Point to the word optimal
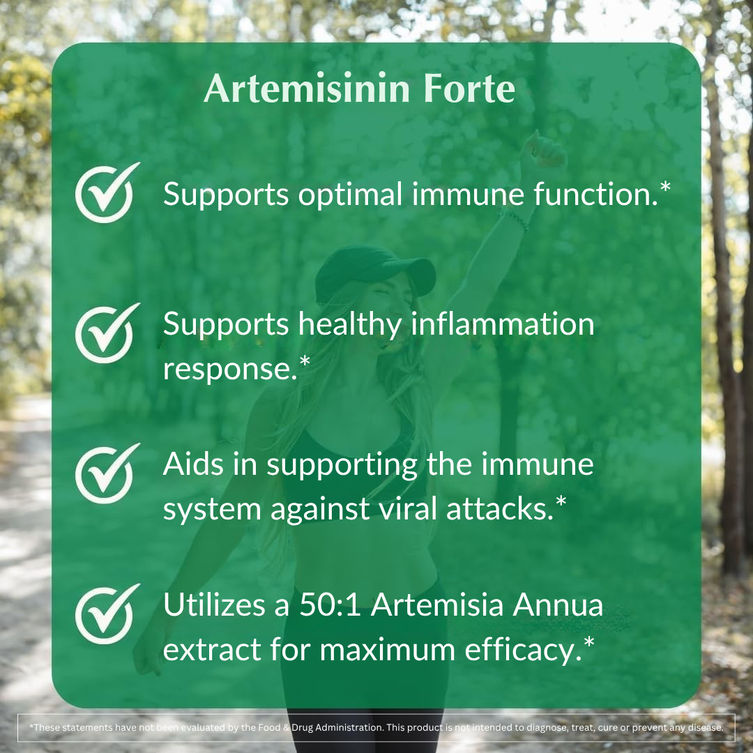351,195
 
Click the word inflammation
502,324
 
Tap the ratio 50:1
328,604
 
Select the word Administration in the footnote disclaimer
340,727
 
